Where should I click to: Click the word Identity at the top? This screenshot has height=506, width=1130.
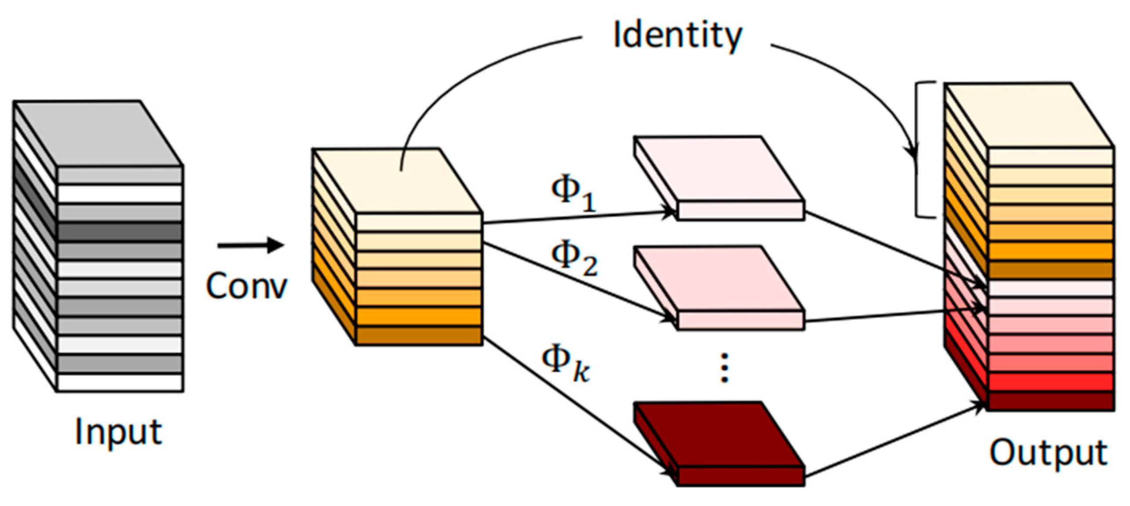[x=677, y=35]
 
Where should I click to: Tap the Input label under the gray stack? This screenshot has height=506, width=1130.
[x=119, y=433]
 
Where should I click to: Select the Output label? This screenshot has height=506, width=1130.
[x=1048, y=452]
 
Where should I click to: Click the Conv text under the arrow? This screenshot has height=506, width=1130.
[x=246, y=286]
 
